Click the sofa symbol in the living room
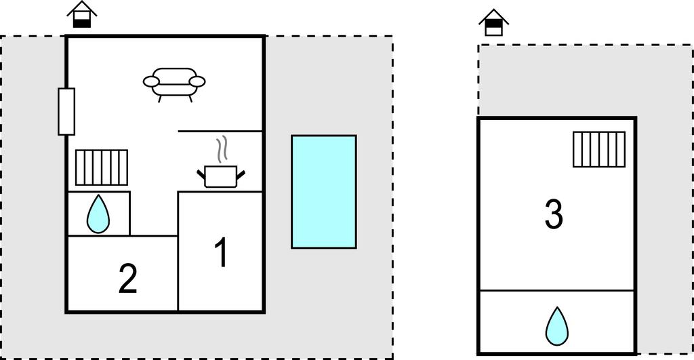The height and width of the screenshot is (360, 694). click(x=174, y=84)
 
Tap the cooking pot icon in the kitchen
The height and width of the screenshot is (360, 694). click(x=221, y=176)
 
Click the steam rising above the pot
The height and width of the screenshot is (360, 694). click(x=222, y=149)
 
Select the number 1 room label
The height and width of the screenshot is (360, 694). click(x=222, y=252)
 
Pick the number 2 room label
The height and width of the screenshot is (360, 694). click(x=128, y=279)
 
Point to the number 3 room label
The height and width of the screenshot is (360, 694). click(x=554, y=214)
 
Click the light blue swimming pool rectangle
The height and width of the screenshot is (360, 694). click(x=324, y=192)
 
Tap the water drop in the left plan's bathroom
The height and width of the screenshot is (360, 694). click(x=98, y=214)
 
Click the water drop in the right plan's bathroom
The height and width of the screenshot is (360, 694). click(x=557, y=326)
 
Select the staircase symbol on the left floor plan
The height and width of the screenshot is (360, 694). click(x=102, y=167)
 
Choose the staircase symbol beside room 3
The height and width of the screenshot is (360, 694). click(x=599, y=149)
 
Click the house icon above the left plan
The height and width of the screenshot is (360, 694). click(x=82, y=14)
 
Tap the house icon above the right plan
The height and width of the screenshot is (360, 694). click(x=494, y=22)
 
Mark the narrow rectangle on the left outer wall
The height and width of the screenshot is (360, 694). click(x=66, y=112)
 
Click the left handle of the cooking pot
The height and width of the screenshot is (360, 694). click(x=201, y=174)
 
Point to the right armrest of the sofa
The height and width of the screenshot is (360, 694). click(x=197, y=81)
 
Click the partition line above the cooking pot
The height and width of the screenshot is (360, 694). click(x=220, y=131)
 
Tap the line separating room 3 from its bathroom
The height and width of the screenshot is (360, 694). click(x=557, y=290)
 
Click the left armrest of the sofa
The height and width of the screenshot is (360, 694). click(x=151, y=81)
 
